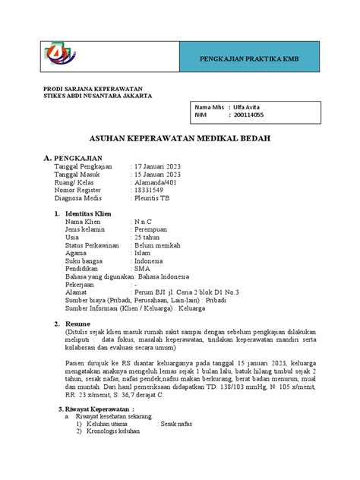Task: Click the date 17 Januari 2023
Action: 162,166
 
